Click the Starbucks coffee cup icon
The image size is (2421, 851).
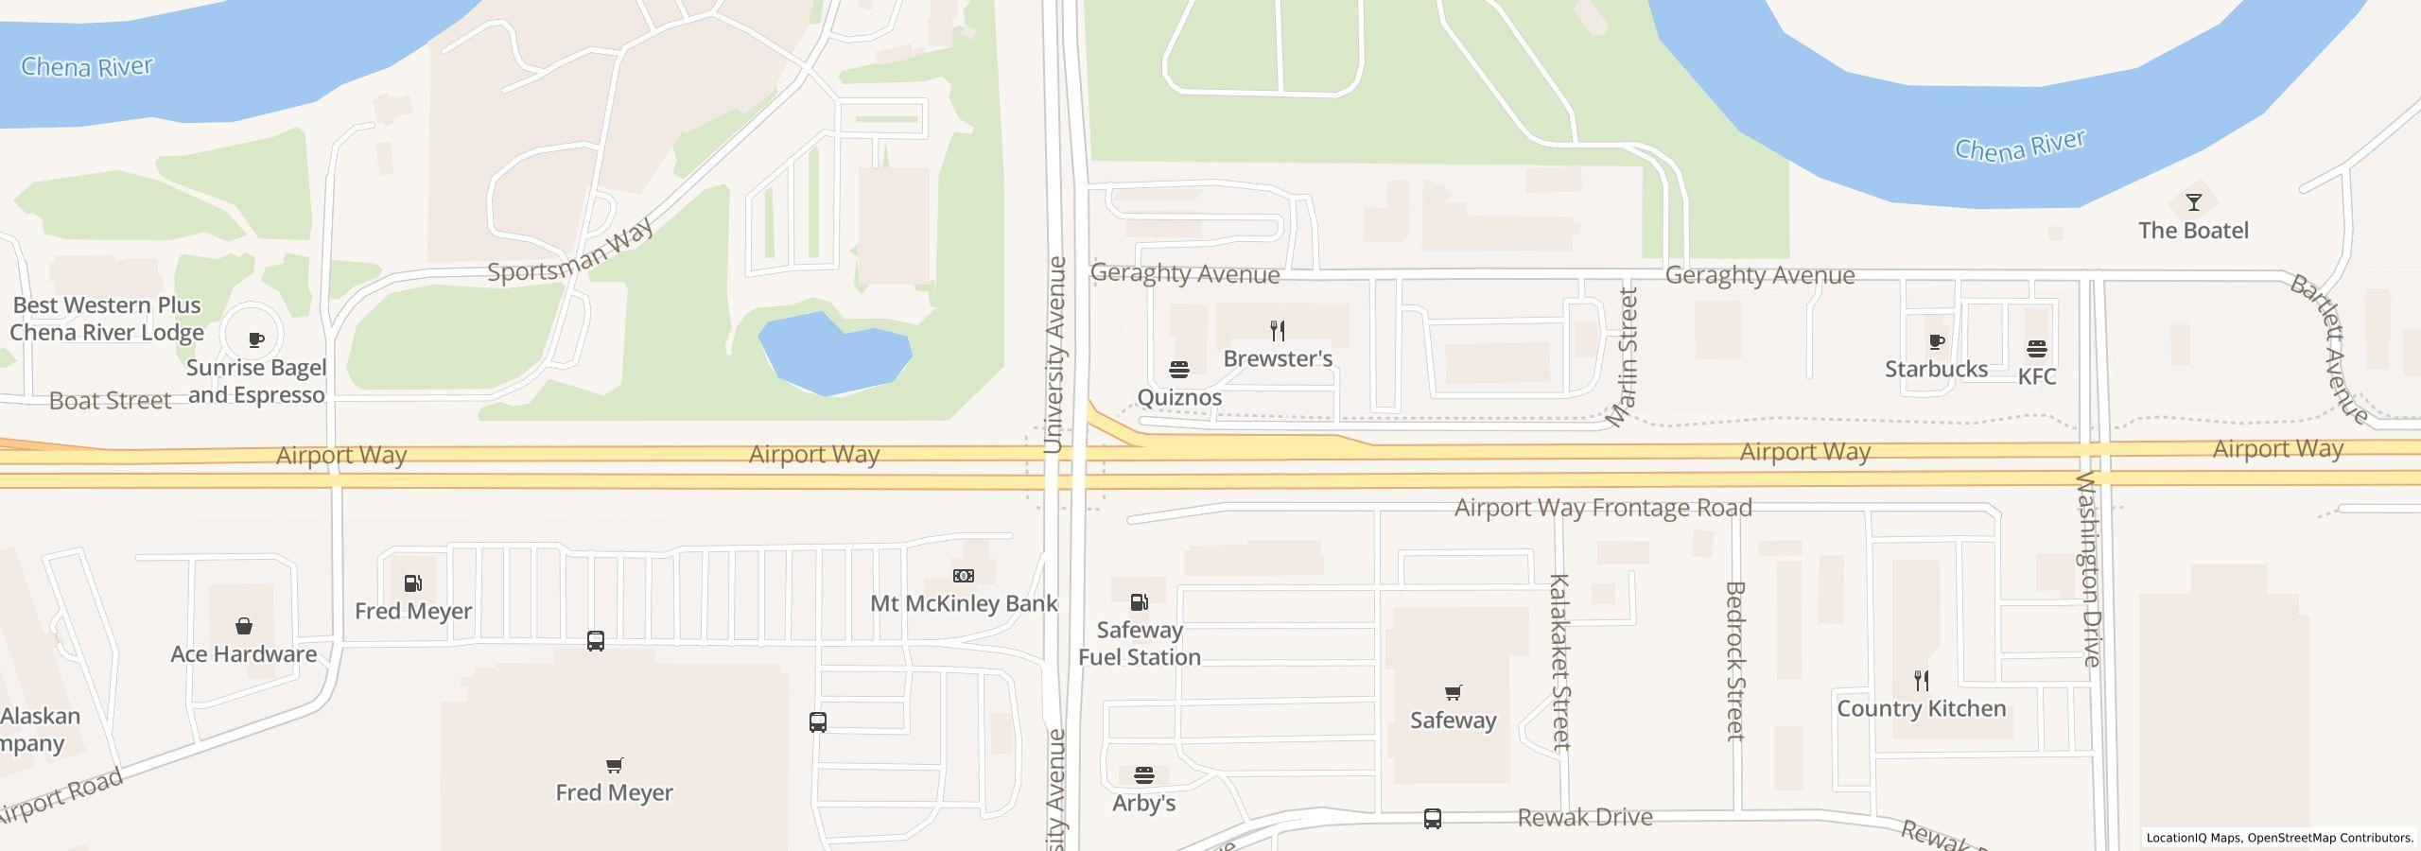click(x=1936, y=341)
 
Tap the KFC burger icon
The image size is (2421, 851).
click(x=2036, y=349)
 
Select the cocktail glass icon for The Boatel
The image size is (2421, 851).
click(x=2193, y=202)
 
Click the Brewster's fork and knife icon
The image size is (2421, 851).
click(x=1278, y=330)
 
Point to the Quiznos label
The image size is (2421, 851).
click(x=1179, y=397)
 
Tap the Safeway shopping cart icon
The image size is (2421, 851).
click(x=1453, y=692)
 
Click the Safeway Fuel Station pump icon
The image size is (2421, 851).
click(x=1140, y=601)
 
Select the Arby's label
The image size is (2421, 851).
click(x=1143, y=803)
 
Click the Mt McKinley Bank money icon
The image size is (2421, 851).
click(x=963, y=575)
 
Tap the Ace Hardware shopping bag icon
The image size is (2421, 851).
click(x=244, y=626)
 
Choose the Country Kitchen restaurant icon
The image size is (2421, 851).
click(x=1921, y=680)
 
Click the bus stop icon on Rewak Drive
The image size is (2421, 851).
click(x=1432, y=818)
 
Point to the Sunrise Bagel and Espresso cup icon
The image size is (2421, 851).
click(x=255, y=339)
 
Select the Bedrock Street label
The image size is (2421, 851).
click(x=1734, y=660)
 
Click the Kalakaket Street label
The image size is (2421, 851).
click(x=1559, y=661)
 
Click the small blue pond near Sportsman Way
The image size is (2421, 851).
click(x=832, y=355)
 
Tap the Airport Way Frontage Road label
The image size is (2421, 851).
click(x=1602, y=508)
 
